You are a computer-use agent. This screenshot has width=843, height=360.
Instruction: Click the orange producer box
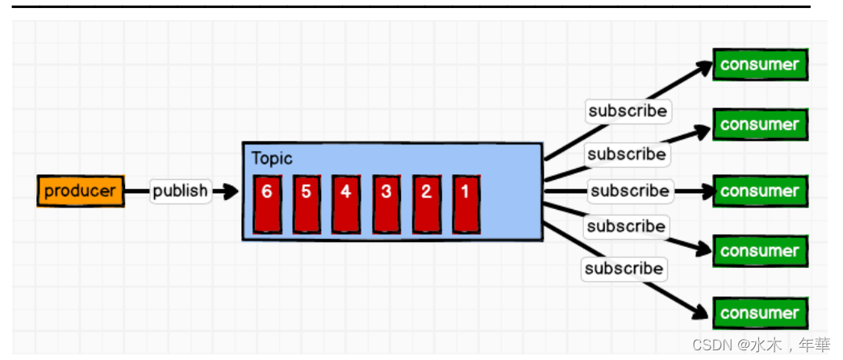pyautogui.click(x=81, y=191)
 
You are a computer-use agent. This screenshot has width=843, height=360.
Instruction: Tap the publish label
pyautogui.click(x=180, y=191)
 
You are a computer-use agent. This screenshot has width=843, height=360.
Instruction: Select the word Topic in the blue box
pyautogui.click(x=272, y=158)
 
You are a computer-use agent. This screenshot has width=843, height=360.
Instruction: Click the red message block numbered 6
pyautogui.click(x=267, y=194)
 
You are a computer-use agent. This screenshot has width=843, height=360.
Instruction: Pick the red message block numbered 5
pyautogui.click(x=307, y=194)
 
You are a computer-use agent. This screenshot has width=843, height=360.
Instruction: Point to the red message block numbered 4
pyautogui.click(x=346, y=194)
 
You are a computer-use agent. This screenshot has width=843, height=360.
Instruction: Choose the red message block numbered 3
pyautogui.click(x=386, y=194)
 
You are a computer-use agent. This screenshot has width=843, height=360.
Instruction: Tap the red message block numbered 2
pyautogui.click(x=426, y=194)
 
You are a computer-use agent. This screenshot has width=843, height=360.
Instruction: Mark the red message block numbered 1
pyautogui.click(x=465, y=194)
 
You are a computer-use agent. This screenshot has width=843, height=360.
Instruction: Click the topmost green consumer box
pyautogui.click(x=759, y=65)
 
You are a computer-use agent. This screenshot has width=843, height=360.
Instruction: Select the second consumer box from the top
pyautogui.click(x=759, y=124)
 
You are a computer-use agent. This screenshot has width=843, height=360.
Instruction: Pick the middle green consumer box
pyautogui.click(x=759, y=191)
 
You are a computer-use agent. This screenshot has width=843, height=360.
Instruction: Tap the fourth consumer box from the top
pyautogui.click(x=759, y=251)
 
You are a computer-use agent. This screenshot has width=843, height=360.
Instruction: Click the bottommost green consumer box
pyautogui.click(x=759, y=313)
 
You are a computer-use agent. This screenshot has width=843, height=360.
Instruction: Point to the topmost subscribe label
pyautogui.click(x=628, y=111)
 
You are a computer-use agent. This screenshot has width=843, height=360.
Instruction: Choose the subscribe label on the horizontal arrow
pyautogui.click(x=629, y=191)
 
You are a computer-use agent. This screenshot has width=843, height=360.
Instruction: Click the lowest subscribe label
pyautogui.click(x=624, y=268)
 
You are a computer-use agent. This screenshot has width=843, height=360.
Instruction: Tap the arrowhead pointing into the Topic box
pyautogui.click(x=232, y=191)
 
